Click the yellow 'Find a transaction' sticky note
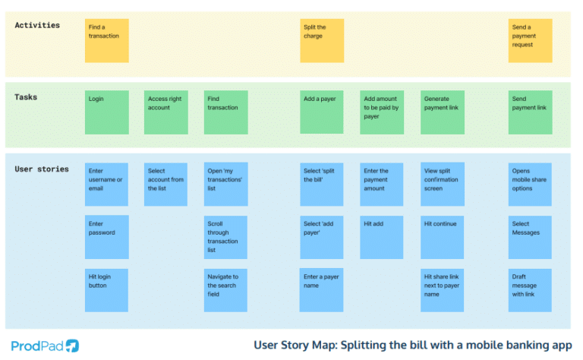tap(106, 41)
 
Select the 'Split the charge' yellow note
tap(322, 41)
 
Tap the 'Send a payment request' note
tap(530, 41)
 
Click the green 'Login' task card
tap(106, 112)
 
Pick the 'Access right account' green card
tap(165, 112)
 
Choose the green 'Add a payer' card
tap(322, 112)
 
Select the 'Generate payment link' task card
tap(443, 112)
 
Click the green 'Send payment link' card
tap(530, 112)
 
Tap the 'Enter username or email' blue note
tap(106, 184)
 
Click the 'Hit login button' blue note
tap(106, 289)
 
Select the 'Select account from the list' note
tap(165, 184)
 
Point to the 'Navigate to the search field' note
tap(225, 289)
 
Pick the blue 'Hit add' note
tap(382, 237)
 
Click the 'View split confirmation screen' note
tap(443, 184)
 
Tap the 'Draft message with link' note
tap(530, 289)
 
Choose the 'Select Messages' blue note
tap(530, 237)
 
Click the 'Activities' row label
tap(37, 25)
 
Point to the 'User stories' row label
tap(42, 169)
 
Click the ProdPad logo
tap(46, 345)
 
